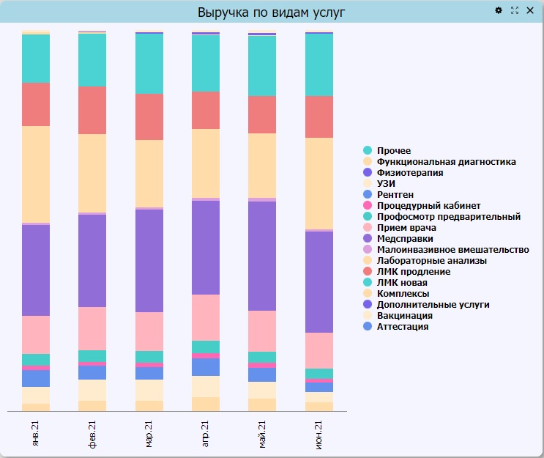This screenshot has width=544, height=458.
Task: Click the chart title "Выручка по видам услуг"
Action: point(272,12)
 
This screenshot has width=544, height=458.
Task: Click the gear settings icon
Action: point(499,10)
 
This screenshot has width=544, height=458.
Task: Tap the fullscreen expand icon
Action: point(515,10)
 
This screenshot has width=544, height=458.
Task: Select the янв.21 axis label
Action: point(35,434)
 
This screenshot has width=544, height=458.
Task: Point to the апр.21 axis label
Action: point(205,434)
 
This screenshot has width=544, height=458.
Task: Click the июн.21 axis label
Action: point(318,435)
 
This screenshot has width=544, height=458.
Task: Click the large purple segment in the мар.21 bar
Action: point(149,261)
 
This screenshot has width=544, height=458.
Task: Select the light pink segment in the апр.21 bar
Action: point(206,318)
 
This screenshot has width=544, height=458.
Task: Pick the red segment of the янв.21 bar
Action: point(36,105)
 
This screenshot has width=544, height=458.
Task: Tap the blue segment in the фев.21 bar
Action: point(92,372)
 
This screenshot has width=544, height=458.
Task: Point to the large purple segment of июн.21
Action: point(319,282)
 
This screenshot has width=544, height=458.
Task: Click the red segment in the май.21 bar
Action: point(262,115)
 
